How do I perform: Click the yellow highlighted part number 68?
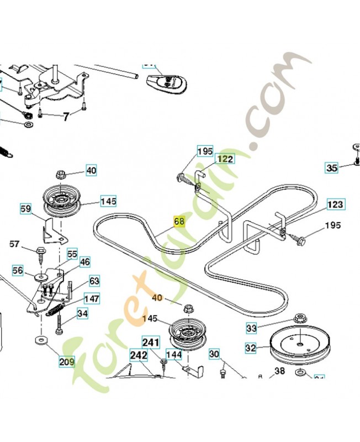point(179,222)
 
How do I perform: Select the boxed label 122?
point(224,159)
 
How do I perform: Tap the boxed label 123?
point(335,204)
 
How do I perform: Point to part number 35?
point(331,168)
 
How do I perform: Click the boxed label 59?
point(26,209)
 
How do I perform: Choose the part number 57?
point(14,244)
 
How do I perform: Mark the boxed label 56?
point(18,270)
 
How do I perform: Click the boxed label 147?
point(92,299)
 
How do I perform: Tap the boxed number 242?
point(139,355)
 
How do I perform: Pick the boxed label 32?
point(251,349)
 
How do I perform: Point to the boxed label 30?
point(214,354)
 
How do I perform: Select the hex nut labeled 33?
point(301,318)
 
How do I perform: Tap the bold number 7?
point(66,116)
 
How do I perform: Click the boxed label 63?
point(94,281)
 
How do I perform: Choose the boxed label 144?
point(174,355)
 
